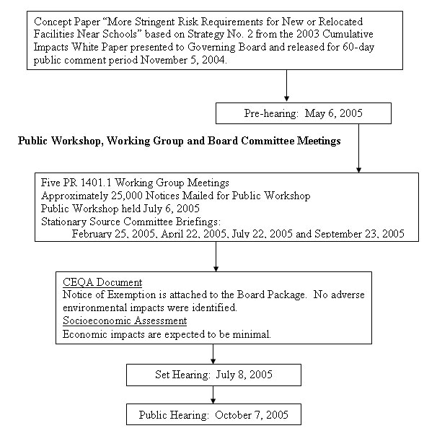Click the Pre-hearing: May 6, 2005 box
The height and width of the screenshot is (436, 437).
[303, 113]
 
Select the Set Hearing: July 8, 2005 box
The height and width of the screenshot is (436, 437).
[212, 375]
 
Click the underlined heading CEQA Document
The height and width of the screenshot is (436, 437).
[102, 282]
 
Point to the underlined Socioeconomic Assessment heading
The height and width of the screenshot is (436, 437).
[125, 321]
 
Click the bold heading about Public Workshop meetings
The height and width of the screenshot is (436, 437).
[179, 141]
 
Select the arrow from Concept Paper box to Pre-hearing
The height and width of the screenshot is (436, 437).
[287, 86]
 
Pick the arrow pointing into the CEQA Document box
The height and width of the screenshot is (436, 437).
[216, 256]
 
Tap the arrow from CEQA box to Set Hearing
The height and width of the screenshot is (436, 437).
[213, 354]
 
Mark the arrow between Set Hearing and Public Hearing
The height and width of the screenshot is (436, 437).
[213, 394]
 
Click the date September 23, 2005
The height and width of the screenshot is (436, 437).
[361, 234]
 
